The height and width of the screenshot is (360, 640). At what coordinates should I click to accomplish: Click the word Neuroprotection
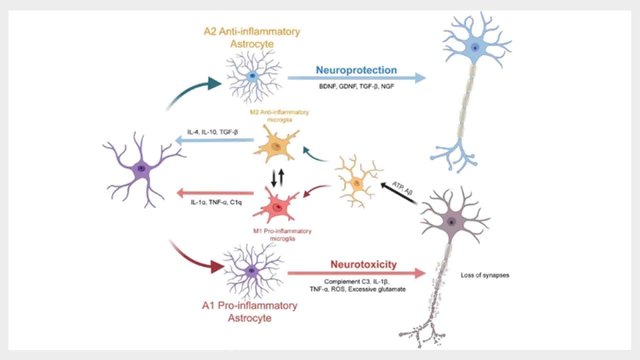click(x=356, y=70)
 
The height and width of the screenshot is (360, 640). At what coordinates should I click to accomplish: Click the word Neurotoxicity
click(x=363, y=264)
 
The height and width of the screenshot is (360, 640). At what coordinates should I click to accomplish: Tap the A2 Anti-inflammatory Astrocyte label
click(x=252, y=37)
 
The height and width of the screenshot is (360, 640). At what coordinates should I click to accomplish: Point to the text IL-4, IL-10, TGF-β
click(x=212, y=131)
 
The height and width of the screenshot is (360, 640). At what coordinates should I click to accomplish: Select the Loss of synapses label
click(x=484, y=275)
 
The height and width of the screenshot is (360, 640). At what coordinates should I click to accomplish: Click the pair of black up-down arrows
click(x=276, y=177)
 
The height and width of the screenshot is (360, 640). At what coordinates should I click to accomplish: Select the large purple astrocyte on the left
click(x=142, y=169)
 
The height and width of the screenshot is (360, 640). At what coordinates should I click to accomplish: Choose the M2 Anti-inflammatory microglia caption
click(x=279, y=115)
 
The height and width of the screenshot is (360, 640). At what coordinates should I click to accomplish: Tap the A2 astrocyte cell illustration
click(x=253, y=75)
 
